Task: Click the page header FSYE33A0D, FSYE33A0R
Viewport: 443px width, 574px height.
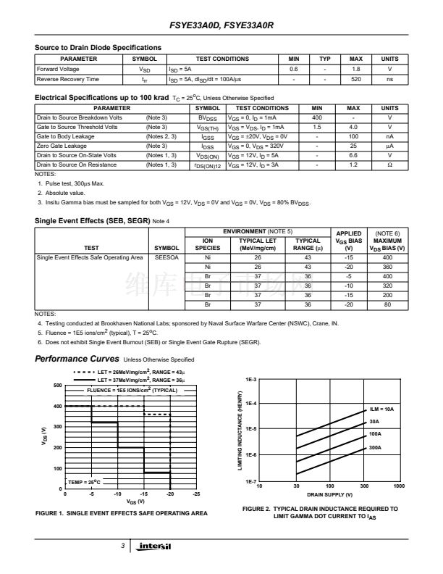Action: (221, 25)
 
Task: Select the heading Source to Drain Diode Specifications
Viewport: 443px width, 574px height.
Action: (98, 48)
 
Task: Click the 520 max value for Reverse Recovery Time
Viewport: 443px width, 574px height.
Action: (356, 79)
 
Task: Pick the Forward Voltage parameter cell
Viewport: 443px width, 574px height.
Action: (57, 69)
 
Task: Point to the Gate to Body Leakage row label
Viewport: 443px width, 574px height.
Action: (65, 136)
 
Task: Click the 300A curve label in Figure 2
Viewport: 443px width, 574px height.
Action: (375, 448)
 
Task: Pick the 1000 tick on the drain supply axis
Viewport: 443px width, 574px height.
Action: (398, 486)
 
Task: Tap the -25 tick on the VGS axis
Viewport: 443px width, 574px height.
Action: (196, 494)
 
